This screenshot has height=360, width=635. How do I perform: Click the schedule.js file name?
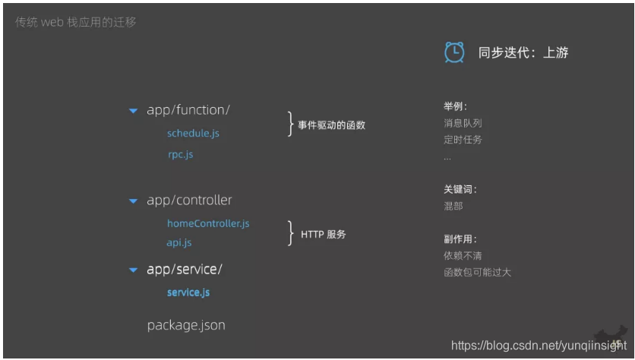[193, 134]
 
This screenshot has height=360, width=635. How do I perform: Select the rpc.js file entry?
[180, 155]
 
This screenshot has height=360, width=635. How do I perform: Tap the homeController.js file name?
[208, 223]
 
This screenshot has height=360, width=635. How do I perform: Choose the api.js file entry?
[179, 243]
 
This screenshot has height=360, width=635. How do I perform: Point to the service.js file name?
[188, 292]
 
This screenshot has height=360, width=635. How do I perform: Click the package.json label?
[186, 325]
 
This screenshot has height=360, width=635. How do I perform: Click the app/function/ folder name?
[188, 110]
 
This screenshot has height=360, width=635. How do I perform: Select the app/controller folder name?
[189, 201]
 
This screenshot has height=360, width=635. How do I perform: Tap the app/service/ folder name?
[185, 269]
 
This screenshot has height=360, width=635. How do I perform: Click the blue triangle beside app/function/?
[133, 111]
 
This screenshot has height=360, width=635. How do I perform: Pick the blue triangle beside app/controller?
[133, 201]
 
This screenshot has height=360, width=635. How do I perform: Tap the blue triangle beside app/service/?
[133, 270]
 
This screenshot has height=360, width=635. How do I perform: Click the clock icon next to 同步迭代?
[453, 52]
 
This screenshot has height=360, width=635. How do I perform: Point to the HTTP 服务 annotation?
[324, 235]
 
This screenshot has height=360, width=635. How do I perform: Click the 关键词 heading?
[460, 190]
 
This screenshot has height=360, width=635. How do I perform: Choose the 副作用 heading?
[460, 238]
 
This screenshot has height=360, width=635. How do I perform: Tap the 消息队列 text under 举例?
[463, 122]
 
